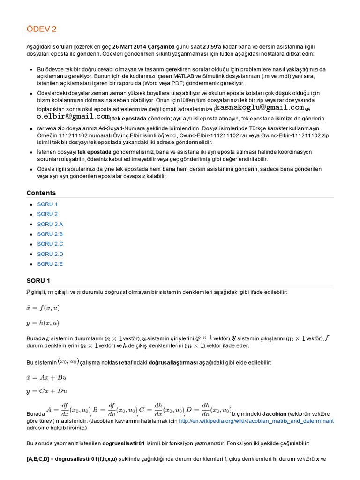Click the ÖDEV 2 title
coord(41,29)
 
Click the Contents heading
coord(41,193)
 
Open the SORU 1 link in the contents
coord(47,204)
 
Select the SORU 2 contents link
coord(47,214)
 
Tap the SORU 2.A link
coord(50,224)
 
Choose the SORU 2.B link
coord(50,234)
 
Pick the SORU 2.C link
coord(50,244)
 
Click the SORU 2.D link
coord(50,254)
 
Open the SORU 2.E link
coord(50,264)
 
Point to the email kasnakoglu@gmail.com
coord(256,107)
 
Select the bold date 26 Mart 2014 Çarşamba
coord(143,46)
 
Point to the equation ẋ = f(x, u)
coord(43,307)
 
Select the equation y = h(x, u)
coord(43,322)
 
